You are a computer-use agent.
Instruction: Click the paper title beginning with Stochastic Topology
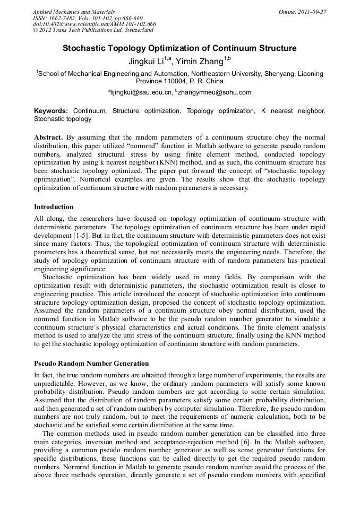pyautogui.click(x=179, y=48)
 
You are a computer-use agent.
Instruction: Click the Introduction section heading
pyautogui.click(x=54, y=207)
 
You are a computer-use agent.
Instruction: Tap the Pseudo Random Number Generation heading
pyautogui.click(x=91, y=364)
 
